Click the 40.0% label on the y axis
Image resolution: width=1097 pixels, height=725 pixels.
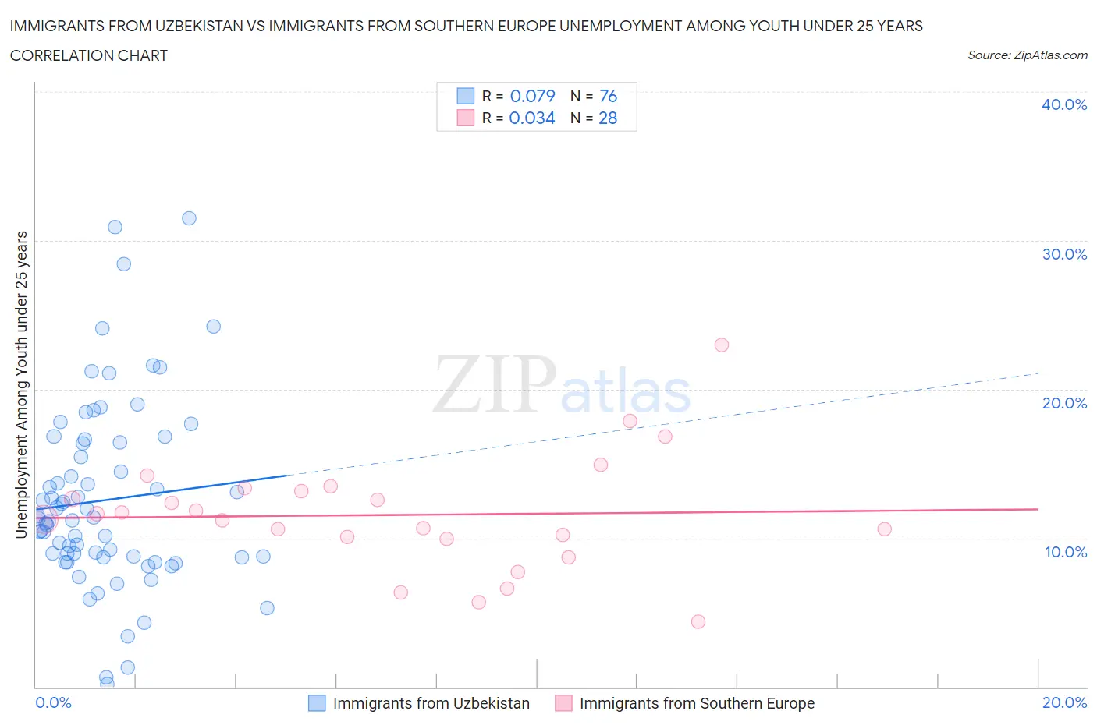pos(1063,104)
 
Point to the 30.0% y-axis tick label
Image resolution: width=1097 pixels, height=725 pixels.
pos(1063,254)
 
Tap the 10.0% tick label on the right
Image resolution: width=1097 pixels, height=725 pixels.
pos(1065,552)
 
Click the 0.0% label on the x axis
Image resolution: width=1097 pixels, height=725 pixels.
pos(53,702)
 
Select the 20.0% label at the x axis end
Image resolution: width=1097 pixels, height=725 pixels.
pos(1064,702)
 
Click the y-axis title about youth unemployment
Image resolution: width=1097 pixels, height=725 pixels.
pos(22,384)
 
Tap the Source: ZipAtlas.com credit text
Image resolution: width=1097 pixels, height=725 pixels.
pos(1027,55)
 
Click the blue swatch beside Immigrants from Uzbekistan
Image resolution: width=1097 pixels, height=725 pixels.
pos(317,703)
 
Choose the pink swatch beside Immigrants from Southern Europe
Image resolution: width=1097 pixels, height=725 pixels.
pos(563,703)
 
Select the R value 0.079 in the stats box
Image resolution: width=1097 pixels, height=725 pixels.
pos(532,96)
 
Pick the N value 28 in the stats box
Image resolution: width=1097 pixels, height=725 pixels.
pos(608,118)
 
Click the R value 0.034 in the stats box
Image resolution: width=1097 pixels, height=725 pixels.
pos(532,118)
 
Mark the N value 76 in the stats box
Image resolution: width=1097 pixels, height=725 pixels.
pos(608,96)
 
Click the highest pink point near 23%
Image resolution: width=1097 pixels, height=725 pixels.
pos(722,345)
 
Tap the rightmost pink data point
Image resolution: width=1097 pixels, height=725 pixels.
pos(884,529)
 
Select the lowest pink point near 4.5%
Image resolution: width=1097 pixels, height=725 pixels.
pos(698,621)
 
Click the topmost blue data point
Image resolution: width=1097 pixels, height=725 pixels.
pos(189,218)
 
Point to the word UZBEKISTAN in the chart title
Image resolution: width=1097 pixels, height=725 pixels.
pos(176,26)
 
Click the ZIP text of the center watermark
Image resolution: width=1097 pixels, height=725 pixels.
pos(495,384)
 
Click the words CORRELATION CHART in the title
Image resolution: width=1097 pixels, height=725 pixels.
pos(89,55)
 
